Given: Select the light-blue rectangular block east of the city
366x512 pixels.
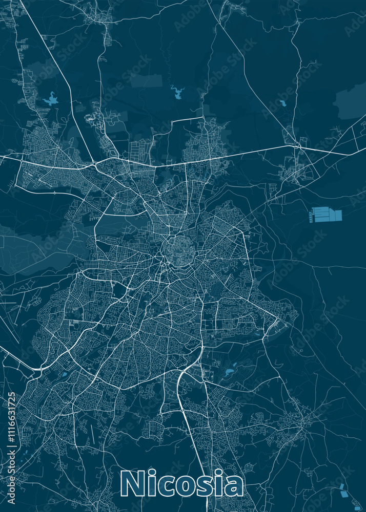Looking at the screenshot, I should [x=326, y=215].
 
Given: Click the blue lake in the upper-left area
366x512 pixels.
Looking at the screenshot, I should [x=51, y=99].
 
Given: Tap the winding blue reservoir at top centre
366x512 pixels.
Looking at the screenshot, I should [x=178, y=92].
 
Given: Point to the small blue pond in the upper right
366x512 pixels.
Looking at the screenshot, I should [x=283, y=103].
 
